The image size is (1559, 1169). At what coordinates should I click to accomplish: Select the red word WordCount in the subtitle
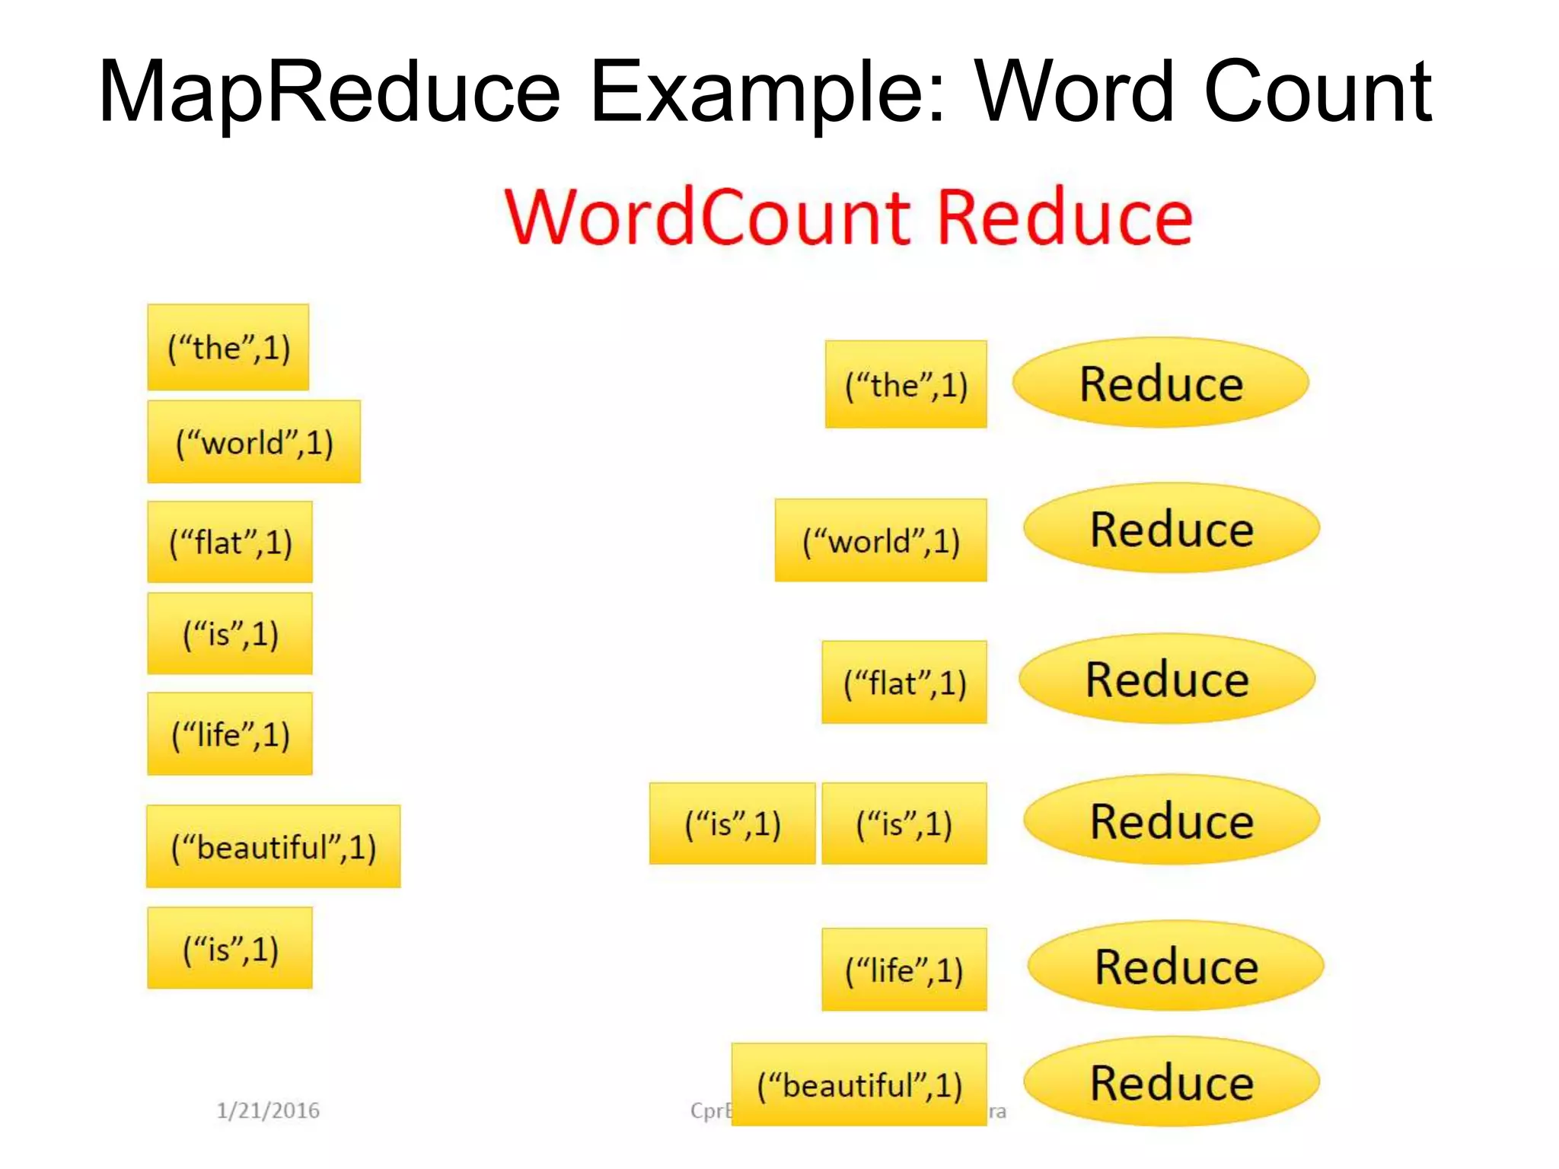click(708, 218)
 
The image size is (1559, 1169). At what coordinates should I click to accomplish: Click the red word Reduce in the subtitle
click(1064, 218)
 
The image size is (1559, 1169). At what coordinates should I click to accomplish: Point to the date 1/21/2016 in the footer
click(268, 1110)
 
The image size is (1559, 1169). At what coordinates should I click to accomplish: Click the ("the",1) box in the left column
click(228, 348)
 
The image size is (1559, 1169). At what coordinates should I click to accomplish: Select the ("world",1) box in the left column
click(253, 442)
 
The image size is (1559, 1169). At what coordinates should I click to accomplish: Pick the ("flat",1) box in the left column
click(230, 543)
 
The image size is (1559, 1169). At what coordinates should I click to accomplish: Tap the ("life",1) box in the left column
click(230, 734)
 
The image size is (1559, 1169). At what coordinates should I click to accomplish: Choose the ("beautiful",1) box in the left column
click(273, 847)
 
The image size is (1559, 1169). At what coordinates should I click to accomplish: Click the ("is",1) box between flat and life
click(230, 634)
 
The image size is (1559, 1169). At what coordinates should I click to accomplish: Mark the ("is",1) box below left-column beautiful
click(230, 948)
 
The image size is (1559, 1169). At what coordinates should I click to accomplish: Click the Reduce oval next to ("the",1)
click(1161, 383)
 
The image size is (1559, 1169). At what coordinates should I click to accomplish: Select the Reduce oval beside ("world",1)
click(1172, 528)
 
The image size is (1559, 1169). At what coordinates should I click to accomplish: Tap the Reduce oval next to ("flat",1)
click(1167, 679)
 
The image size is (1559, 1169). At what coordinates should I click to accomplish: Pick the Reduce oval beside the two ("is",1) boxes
click(1172, 820)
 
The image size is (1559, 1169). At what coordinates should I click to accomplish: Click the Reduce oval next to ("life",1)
click(1176, 967)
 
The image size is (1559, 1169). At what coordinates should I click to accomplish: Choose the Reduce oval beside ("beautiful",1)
click(1172, 1082)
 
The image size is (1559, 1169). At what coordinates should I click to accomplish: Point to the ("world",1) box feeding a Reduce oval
click(881, 541)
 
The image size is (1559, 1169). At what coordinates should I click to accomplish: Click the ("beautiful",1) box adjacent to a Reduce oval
click(859, 1085)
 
